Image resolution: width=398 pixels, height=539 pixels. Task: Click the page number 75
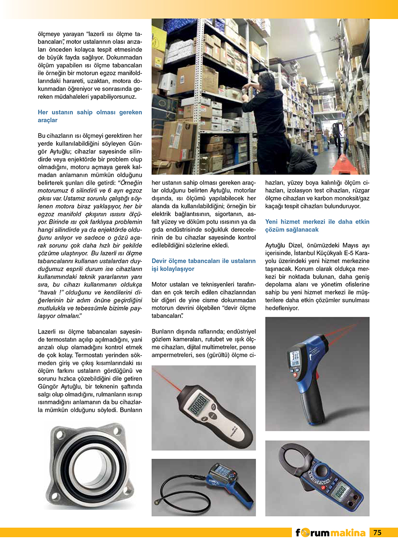pos(377,532)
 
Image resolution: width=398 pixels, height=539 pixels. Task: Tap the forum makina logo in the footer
pos(331,533)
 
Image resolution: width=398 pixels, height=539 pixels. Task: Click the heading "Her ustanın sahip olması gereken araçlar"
pos(90,116)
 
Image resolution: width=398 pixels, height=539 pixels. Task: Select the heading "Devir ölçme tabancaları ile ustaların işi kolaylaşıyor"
pos(203,265)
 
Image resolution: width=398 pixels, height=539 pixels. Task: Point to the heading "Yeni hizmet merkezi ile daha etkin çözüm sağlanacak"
pos(317,225)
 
